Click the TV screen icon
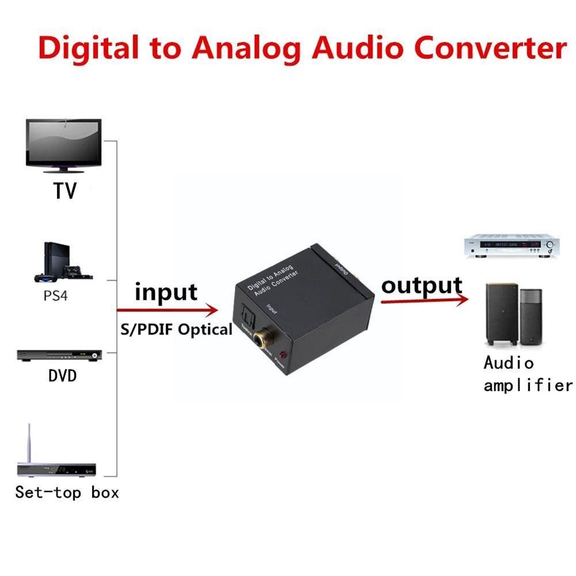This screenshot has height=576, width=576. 63,146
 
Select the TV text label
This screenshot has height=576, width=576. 65,190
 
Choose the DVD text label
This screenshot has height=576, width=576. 62,377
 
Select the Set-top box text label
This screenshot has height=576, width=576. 67,493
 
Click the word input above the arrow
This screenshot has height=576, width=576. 166,293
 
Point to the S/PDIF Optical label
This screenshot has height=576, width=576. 176,330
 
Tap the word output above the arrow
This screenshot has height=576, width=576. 422,286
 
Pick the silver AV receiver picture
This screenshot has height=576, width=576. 511,247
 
